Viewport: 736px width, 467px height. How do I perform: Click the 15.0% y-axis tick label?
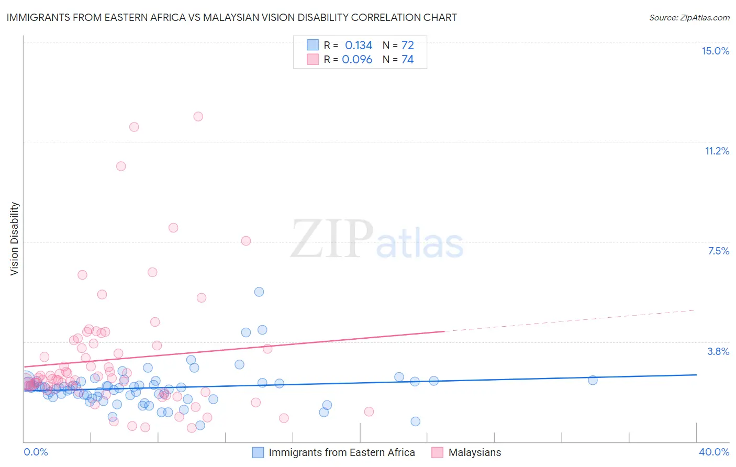(x=715, y=51)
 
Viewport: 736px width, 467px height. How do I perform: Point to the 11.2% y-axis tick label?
(x=717, y=151)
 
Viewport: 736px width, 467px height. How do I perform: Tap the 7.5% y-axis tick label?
(x=718, y=251)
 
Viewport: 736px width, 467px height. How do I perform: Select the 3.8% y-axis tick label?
(x=718, y=351)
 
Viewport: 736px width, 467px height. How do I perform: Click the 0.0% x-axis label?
(x=36, y=452)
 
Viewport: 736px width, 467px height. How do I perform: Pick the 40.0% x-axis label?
(x=713, y=452)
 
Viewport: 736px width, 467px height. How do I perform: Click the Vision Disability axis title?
(x=15, y=239)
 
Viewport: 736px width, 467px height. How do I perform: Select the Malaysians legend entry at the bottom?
(x=474, y=452)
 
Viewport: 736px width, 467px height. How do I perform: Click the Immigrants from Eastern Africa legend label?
(x=341, y=452)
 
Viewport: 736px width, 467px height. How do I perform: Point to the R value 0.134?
(x=359, y=46)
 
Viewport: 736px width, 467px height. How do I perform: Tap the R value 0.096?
(x=357, y=60)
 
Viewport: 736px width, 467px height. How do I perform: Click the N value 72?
(x=408, y=46)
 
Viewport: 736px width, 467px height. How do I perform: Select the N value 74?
(x=408, y=60)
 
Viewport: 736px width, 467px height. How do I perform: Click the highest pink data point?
(x=198, y=116)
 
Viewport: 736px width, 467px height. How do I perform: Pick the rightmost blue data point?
(x=593, y=380)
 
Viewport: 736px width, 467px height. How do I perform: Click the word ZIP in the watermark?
(x=332, y=240)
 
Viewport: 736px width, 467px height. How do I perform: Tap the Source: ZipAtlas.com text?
(x=689, y=18)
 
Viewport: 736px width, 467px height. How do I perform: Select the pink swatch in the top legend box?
(x=313, y=59)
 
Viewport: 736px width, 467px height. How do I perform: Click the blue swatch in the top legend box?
(x=313, y=45)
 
